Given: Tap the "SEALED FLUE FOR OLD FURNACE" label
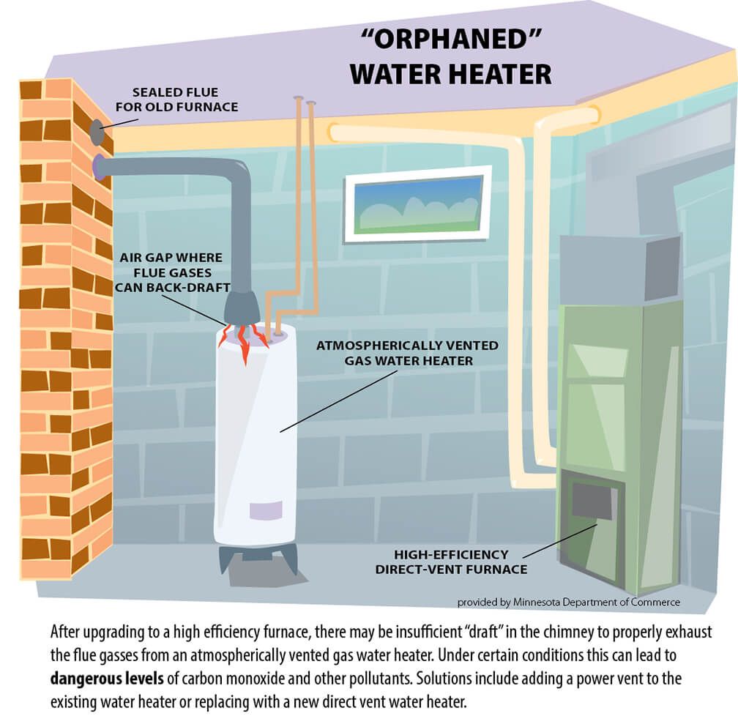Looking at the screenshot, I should coord(185,100).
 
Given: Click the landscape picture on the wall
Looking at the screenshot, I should coord(417,201).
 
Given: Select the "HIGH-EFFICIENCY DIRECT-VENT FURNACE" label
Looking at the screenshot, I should coord(451,562).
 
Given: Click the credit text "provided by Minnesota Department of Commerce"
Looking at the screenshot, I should coord(568,602).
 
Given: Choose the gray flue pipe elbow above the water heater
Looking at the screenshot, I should coord(236,176).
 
